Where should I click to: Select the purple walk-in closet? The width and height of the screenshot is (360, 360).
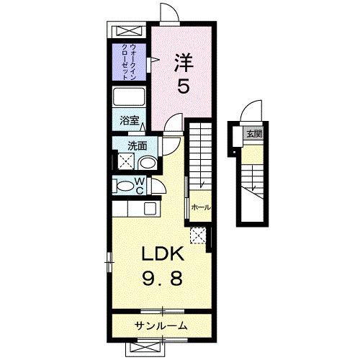(x=129, y=63)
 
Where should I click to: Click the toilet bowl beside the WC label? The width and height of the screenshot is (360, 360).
(x=128, y=186)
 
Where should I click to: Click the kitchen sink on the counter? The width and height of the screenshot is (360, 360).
(x=150, y=209)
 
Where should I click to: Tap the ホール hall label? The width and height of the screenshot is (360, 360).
(x=201, y=207)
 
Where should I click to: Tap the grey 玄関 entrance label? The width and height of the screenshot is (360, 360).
(x=254, y=133)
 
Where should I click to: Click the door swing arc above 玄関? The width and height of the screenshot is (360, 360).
(x=248, y=112)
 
